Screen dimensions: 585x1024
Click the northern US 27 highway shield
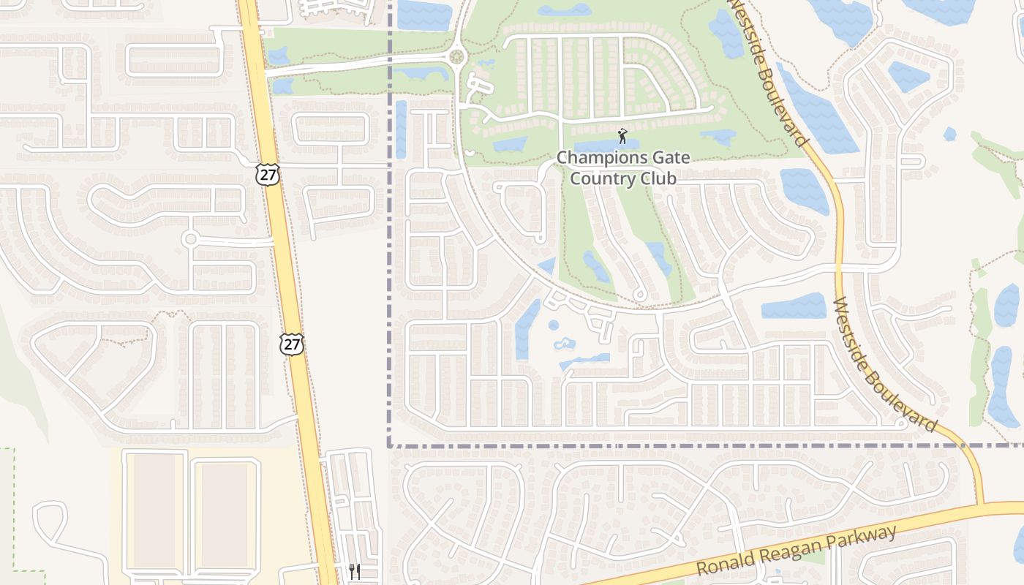tap(268, 174)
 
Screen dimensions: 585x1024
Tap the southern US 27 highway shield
tap(292, 344)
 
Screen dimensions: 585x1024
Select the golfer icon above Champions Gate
tap(622, 136)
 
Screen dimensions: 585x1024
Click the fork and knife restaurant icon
tap(354, 571)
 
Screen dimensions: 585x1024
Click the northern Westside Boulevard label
tap(771, 73)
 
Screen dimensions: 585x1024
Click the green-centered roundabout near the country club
tap(458, 56)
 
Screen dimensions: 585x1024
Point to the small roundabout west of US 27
tap(191, 238)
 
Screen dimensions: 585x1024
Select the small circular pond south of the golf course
tap(554, 325)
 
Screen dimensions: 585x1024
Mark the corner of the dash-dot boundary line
tap(389, 445)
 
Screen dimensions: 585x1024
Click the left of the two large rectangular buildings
tap(154, 510)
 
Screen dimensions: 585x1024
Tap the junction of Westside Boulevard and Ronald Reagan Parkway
tap(981, 505)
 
